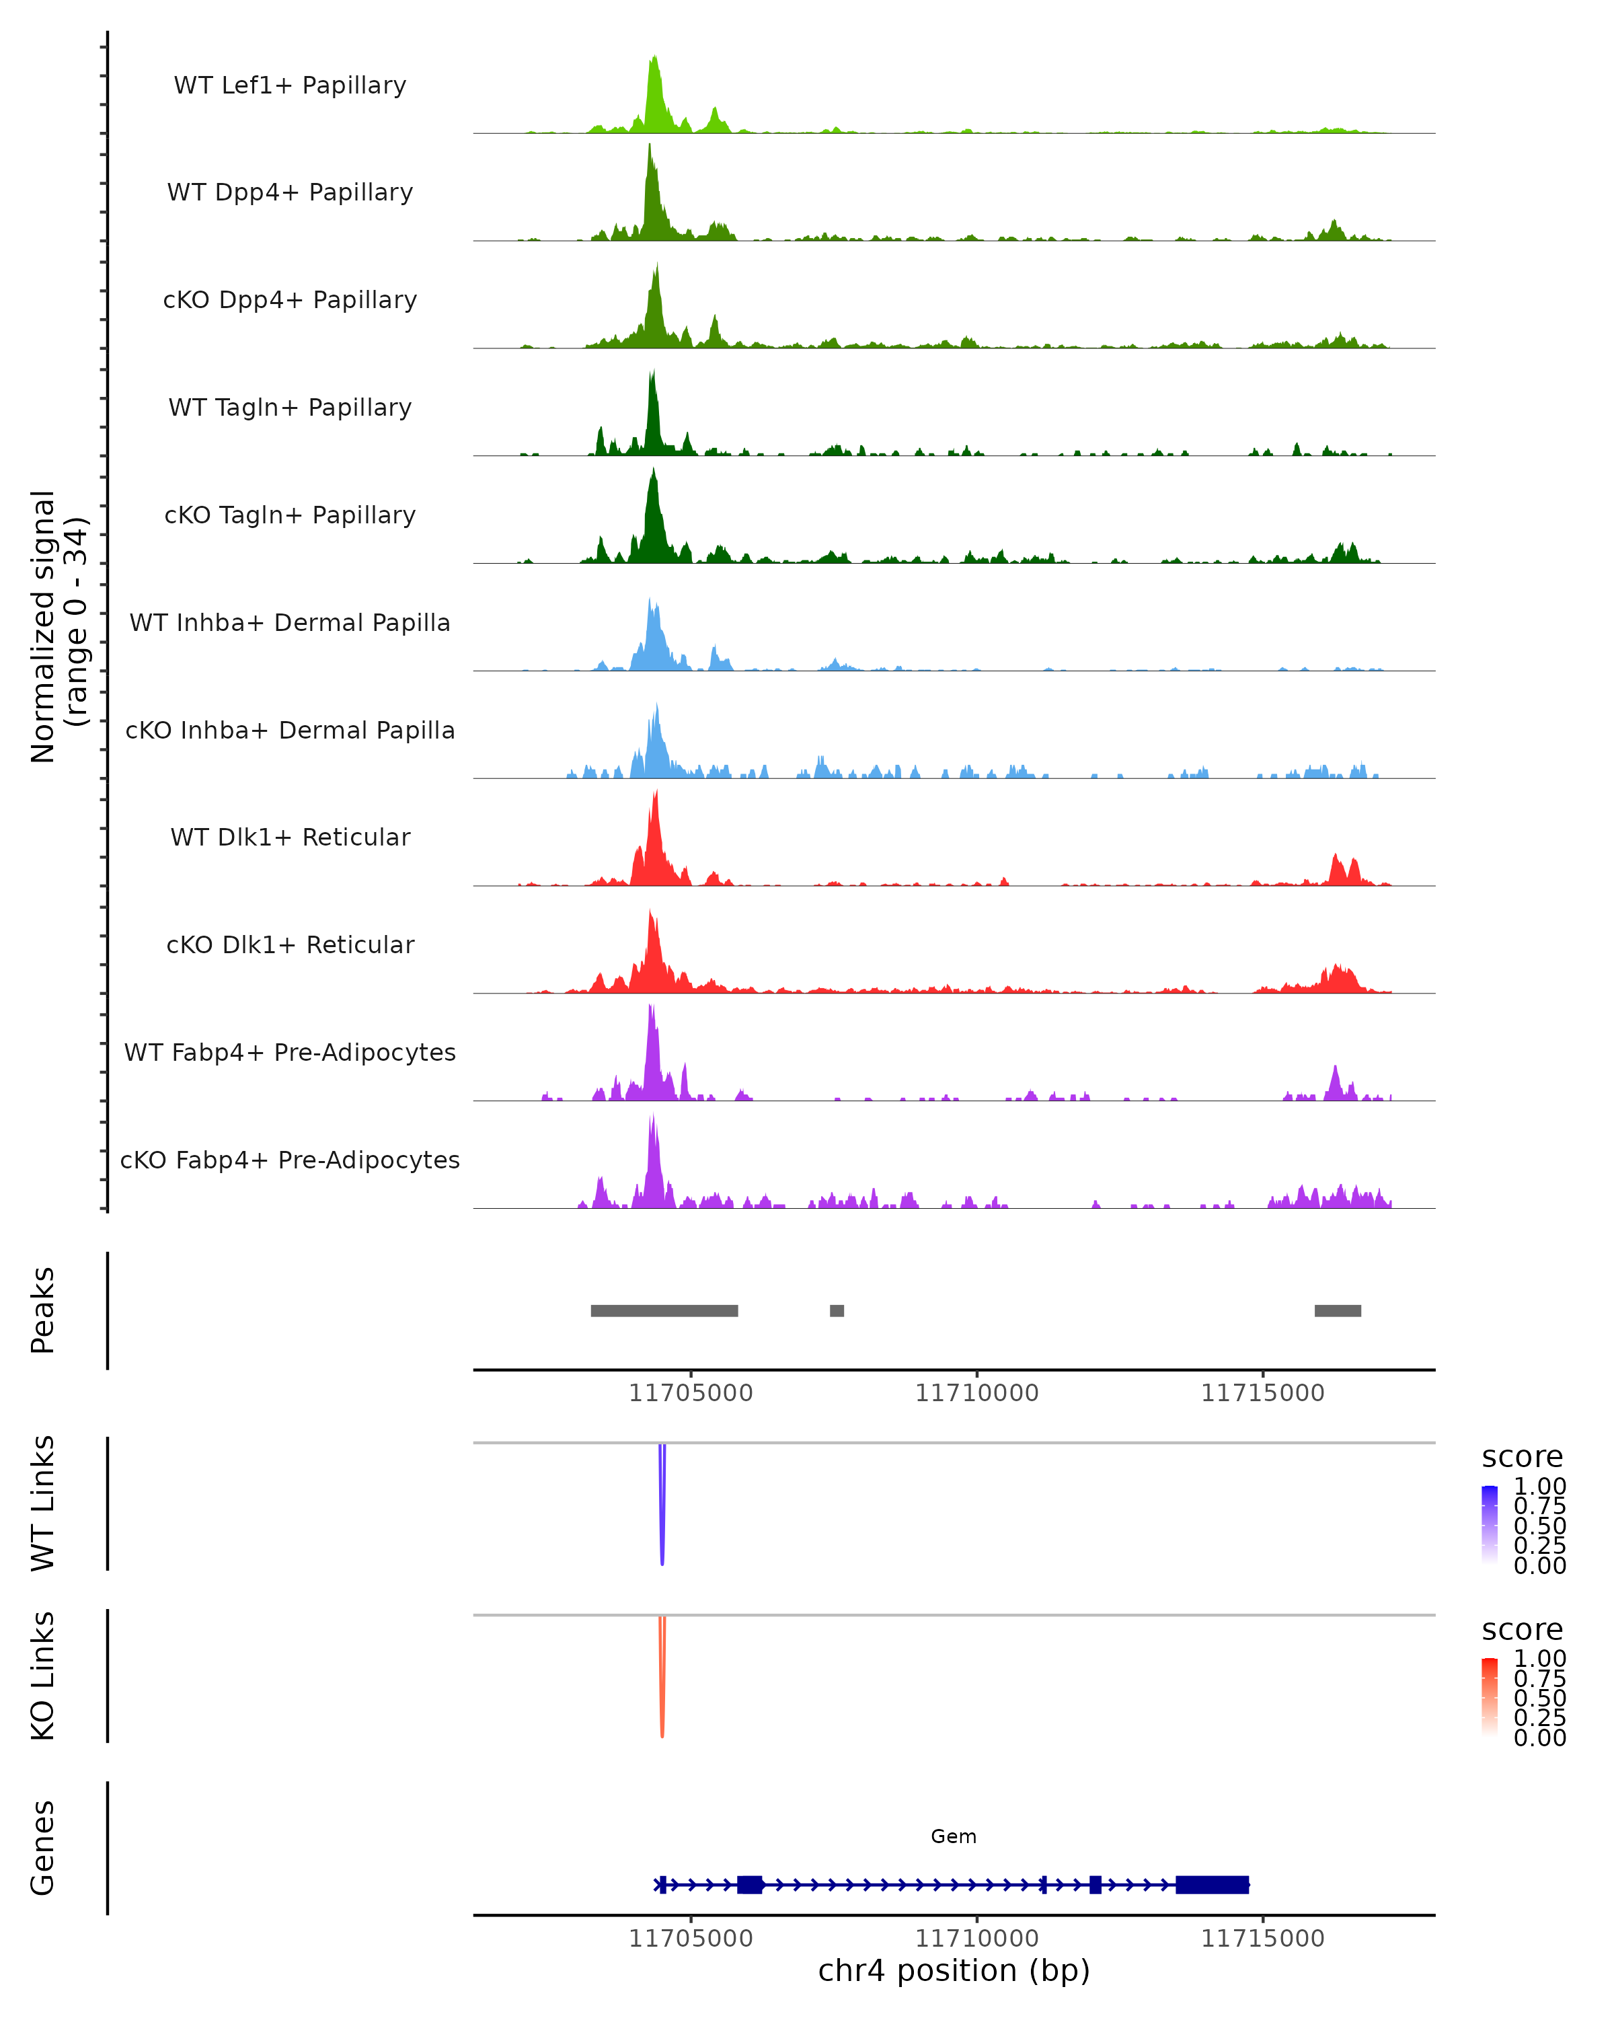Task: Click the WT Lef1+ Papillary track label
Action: click(290, 85)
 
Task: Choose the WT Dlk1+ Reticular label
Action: click(290, 837)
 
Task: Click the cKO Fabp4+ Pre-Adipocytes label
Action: click(290, 1160)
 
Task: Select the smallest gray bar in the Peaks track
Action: click(837, 1310)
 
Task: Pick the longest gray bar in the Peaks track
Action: click(664, 1310)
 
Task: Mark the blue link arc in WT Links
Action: click(662, 1507)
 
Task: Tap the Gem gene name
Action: click(954, 1836)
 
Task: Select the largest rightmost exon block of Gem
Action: click(1212, 1884)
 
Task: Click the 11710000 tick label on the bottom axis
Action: click(977, 1939)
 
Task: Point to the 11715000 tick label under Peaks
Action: click(1262, 1393)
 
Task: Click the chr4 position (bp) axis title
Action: click(954, 1971)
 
